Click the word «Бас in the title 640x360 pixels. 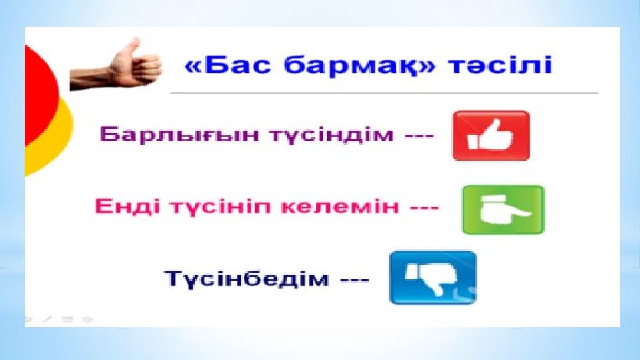227,65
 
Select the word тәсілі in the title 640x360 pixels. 501,65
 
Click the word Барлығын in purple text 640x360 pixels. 179,134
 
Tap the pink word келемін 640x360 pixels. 340,206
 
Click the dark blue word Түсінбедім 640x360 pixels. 247,279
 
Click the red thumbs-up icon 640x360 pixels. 491,135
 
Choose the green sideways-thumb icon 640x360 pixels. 503,210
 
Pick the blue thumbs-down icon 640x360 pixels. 433,277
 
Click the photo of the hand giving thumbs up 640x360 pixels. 116,65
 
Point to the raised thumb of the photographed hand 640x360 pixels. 131,48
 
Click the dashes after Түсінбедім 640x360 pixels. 355,279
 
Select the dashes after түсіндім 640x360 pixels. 419,135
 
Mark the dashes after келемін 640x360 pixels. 425,207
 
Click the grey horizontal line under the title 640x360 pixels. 384,93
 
